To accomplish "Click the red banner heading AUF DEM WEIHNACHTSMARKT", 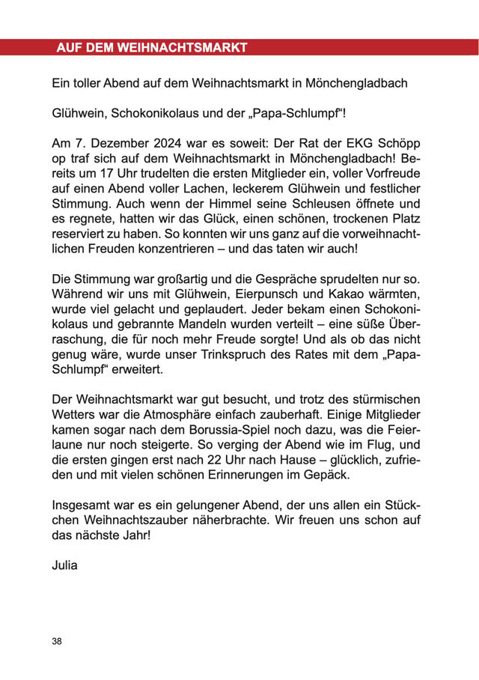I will [x=151, y=48].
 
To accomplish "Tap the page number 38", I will [x=58, y=641].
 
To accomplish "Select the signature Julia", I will [x=65, y=565].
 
